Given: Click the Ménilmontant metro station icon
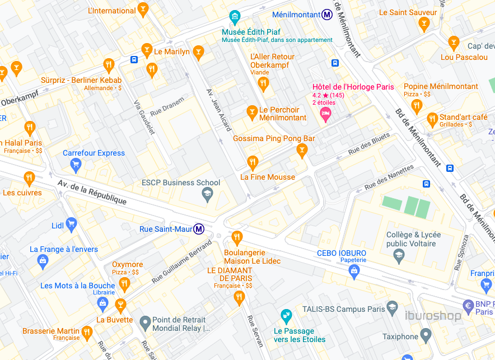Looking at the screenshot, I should tap(327, 15).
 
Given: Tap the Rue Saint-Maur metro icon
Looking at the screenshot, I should tap(199, 228).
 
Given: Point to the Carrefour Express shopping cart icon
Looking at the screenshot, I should tap(76, 164).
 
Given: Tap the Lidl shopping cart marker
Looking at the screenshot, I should tap(71, 225).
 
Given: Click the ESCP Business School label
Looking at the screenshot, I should tap(181, 183).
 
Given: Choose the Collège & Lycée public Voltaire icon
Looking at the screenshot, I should tap(399, 256).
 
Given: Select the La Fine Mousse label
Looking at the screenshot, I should tap(268, 177).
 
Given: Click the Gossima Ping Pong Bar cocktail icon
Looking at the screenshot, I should tap(302, 149).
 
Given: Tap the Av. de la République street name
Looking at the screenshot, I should tap(92, 192).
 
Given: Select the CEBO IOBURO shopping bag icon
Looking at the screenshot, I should tap(353, 272).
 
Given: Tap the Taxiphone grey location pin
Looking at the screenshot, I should tap(426, 336).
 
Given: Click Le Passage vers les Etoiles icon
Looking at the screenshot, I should tap(286, 316).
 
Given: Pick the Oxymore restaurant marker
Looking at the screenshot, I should tap(125, 284).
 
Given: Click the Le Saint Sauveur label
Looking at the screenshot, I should tap(407, 12).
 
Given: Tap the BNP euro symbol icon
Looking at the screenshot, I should tap(469, 306).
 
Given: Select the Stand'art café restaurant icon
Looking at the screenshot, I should tap(432, 119).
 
